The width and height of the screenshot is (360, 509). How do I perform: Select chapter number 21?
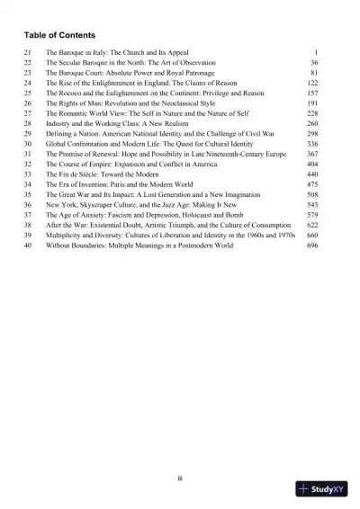coord(28,54)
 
